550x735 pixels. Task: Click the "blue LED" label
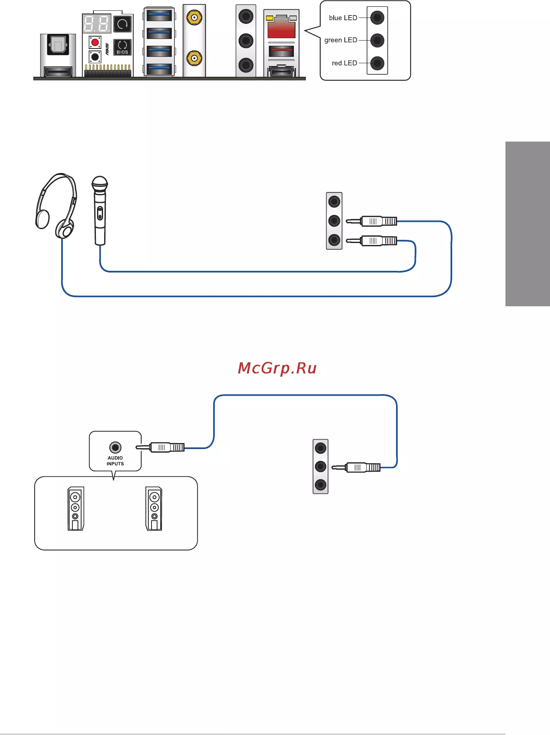click(343, 18)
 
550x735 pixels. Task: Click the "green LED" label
click(341, 40)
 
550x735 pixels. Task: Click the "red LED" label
click(344, 63)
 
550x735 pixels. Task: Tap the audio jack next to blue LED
click(377, 18)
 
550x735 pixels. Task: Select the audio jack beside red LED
click(377, 63)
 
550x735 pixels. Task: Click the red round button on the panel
click(95, 42)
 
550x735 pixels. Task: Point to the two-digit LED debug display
click(96, 24)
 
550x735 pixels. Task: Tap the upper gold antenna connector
click(194, 17)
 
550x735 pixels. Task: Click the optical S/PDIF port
click(58, 45)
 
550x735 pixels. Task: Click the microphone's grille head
click(99, 184)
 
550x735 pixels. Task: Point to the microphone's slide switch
click(100, 213)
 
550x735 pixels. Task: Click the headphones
click(56, 206)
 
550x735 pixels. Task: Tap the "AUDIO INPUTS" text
click(115, 461)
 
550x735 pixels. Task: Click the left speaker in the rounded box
click(76, 509)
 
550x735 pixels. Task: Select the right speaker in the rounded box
click(154, 509)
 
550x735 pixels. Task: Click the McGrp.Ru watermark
click(277, 369)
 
